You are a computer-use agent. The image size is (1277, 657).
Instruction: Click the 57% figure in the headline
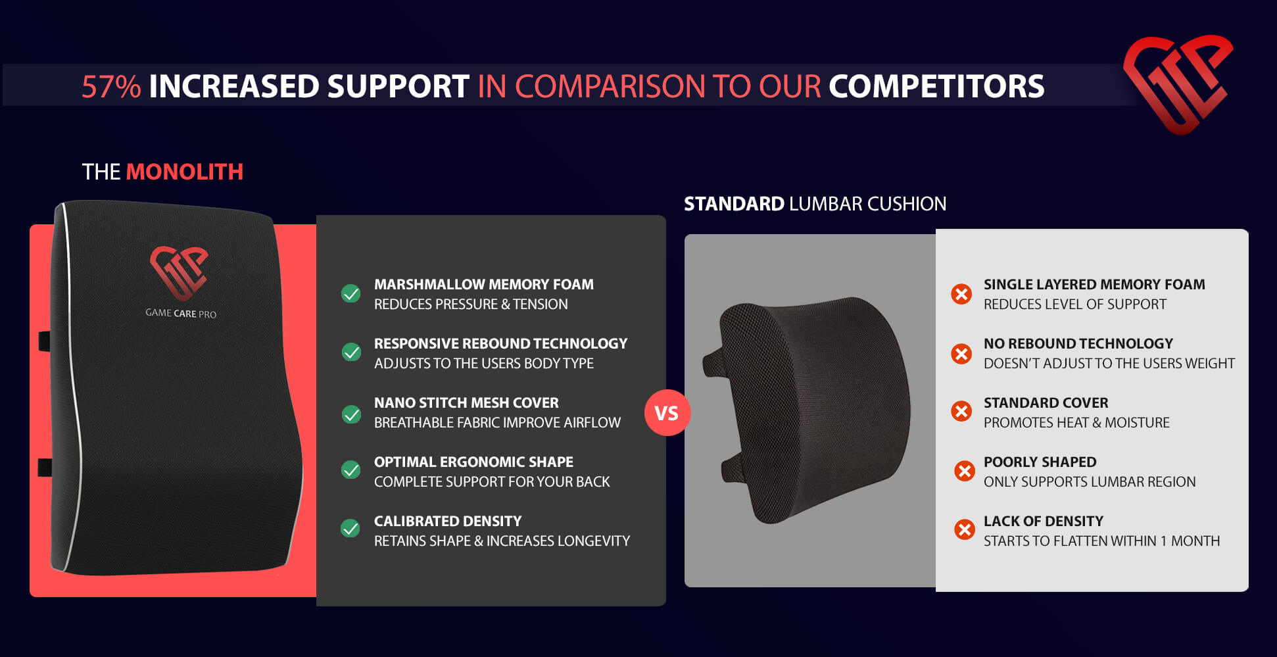pyautogui.click(x=111, y=87)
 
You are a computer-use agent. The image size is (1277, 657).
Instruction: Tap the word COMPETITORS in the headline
pyautogui.click(x=936, y=87)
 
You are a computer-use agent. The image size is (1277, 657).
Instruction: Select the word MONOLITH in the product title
pyautogui.click(x=185, y=172)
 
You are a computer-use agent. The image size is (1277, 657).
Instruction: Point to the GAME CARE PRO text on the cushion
pyautogui.click(x=181, y=314)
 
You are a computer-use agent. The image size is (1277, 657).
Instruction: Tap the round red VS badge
pyautogui.click(x=667, y=413)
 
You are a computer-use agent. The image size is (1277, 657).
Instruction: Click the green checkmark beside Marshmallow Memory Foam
pyautogui.click(x=351, y=293)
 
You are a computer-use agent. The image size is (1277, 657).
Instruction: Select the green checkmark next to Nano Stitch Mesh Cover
pyautogui.click(x=351, y=414)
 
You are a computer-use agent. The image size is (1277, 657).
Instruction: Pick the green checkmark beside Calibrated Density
pyautogui.click(x=350, y=528)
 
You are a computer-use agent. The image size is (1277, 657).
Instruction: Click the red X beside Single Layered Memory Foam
pyautogui.click(x=961, y=294)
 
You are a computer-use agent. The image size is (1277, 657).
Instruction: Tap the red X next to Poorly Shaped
pyautogui.click(x=965, y=471)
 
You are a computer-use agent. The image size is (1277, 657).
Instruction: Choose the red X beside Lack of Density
pyautogui.click(x=965, y=529)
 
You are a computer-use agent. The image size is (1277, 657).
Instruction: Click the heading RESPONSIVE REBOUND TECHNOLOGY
pyautogui.click(x=500, y=343)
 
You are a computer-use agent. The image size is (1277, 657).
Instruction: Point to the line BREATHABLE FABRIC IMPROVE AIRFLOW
pyautogui.click(x=497, y=422)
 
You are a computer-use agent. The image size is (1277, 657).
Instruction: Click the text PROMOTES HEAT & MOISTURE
pyautogui.click(x=1076, y=422)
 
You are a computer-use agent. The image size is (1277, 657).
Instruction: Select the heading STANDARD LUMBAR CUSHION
pyautogui.click(x=815, y=204)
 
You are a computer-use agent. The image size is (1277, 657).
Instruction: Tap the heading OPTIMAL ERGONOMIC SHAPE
pyautogui.click(x=473, y=462)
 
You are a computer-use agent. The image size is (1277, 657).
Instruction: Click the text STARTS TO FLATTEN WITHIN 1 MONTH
pyautogui.click(x=1101, y=541)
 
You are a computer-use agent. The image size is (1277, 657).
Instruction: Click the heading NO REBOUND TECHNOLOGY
pyautogui.click(x=1078, y=343)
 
